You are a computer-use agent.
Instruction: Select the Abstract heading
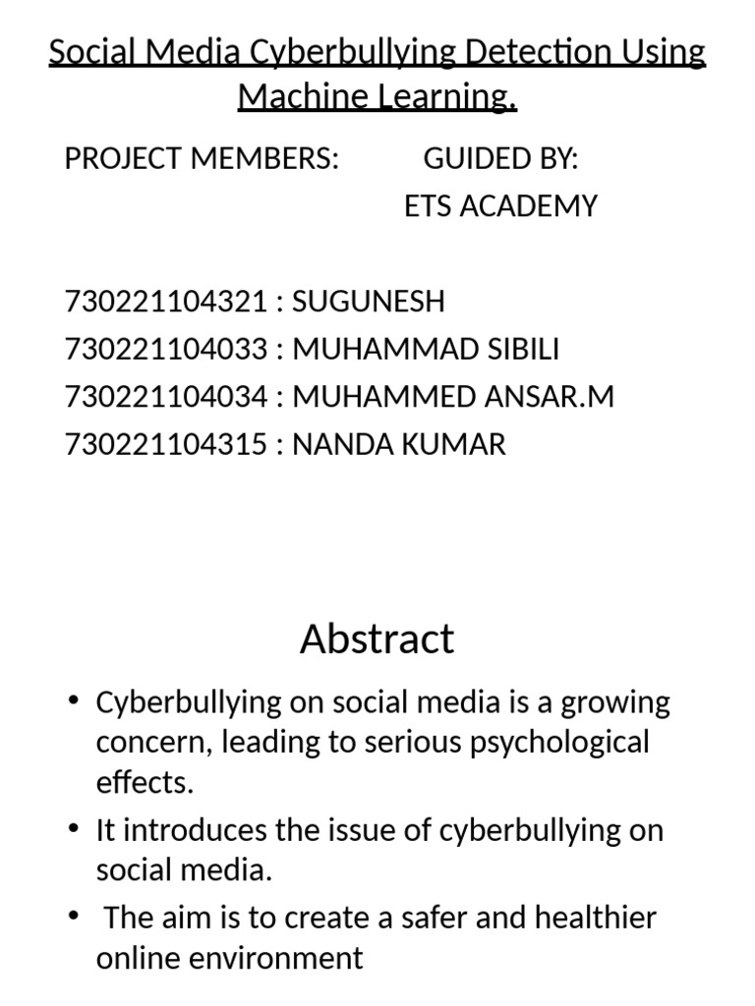coord(377,639)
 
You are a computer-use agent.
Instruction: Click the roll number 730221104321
coord(165,302)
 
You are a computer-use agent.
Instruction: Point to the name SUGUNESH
coord(369,302)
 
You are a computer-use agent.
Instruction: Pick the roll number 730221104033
coord(165,349)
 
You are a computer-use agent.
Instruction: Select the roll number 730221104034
coord(165,397)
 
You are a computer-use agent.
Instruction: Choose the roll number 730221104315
coord(165,444)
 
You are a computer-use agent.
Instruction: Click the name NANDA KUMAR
coord(399,444)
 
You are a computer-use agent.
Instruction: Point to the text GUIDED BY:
coord(500,158)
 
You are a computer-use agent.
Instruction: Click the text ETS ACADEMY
coord(500,206)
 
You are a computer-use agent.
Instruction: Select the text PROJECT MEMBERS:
coord(202,158)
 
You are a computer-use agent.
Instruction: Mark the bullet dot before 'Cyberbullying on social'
coord(75,700)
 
